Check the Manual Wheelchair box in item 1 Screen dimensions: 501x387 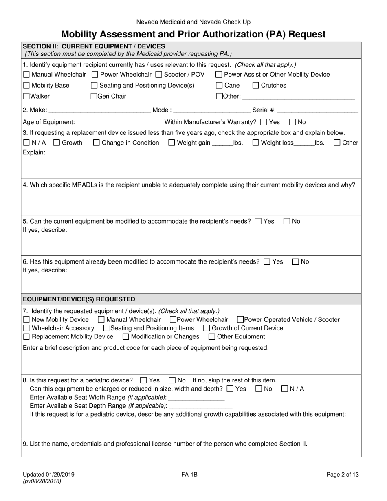tap(26, 75)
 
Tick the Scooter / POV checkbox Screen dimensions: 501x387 tap(159, 75)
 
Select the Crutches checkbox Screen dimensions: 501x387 tap(256, 86)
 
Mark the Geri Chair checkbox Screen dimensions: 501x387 tap(94, 97)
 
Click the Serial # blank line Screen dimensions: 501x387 tap(319, 110)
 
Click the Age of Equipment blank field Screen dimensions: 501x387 tap(119, 122)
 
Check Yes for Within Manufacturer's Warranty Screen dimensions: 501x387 tap(264, 122)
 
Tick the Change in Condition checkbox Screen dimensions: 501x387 tap(97, 143)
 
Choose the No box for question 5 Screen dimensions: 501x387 tap(287, 222)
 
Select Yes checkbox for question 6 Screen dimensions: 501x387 tap(267, 262)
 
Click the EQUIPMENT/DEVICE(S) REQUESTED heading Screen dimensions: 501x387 tap(79, 299)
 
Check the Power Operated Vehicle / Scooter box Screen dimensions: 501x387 tap(240, 320)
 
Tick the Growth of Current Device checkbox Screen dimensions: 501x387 tap(207, 328)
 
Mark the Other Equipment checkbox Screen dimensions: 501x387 tap(212, 336)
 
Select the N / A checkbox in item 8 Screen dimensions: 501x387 tap(285, 389)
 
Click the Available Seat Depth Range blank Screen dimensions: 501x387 tap(200, 406)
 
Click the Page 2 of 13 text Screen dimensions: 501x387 tap(343, 474)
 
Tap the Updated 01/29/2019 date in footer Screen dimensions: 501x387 tap(48, 474)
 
